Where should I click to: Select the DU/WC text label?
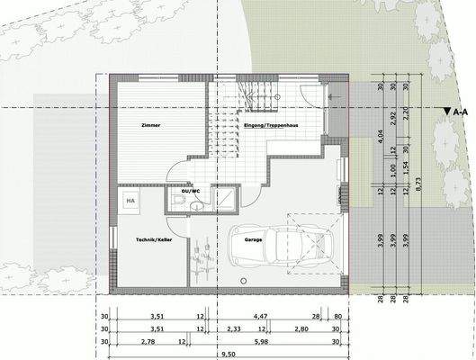(x=190, y=192)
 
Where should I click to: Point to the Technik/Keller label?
(x=152, y=239)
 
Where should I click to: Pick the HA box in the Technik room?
(x=130, y=201)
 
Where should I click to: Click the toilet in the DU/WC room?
(x=182, y=207)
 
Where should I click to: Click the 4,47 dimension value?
(x=258, y=317)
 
